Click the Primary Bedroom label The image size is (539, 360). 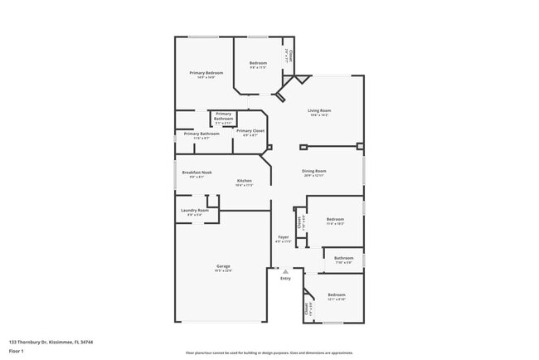pyautogui.click(x=206, y=73)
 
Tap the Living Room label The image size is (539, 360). pyautogui.click(x=319, y=110)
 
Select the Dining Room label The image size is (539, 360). pyautogui.click(x=313, y=171)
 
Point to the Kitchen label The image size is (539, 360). pyautogui.click(x=244, y=181)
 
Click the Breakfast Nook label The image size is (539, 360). pyautogui.click(x=197, y=172)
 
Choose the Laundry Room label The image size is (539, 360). pyautogui.click(x=195, y=211)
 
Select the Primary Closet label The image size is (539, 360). pyautogui.click(x=250, y=131)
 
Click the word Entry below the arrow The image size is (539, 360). pyautogui.click(x=285, y=279)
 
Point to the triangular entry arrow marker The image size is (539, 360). pyautogui.click(x=285, y=271)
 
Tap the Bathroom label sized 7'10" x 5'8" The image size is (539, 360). pyautogui.click(x=344, y=258)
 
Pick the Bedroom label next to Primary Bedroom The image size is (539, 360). pyautogui.click(x=259, y=62)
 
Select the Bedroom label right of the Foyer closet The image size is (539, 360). pyautogui.click(x=335, y=219)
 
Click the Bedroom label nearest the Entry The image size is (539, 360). pyautogui.click(x=336, y=294)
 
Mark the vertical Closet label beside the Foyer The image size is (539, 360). pyautogui.click(x=299, y=222)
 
